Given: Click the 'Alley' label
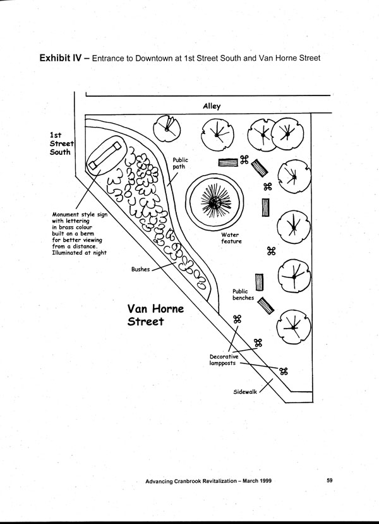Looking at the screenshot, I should (212, 106).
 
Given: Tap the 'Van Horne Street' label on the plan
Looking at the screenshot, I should (155, 315).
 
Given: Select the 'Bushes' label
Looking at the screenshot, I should (141, 269).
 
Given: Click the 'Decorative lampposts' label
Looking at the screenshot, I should (225, 361).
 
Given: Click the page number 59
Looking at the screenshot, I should (330, 481).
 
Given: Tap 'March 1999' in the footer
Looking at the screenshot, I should (261, 482).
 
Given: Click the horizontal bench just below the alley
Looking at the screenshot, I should (228, 162).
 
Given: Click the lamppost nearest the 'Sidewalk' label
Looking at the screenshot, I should (284, 371).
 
